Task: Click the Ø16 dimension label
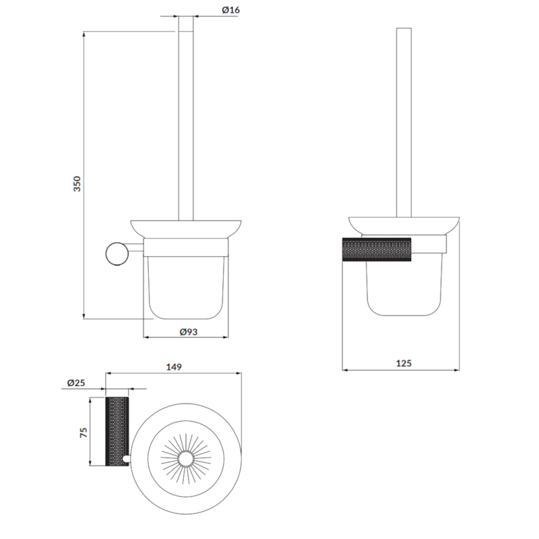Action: click(230, 9)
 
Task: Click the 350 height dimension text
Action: click(77, 183)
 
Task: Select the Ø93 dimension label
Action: click(189, 331)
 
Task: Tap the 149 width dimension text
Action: click(174, 367)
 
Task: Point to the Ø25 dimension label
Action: click(76, 383)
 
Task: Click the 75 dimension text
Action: click(84, 432)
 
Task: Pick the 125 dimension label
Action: click(404, 363)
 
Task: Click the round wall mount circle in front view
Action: click(117, 254)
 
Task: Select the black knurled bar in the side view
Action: click(377, 249)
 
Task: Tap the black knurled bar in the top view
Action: click(117, 431)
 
